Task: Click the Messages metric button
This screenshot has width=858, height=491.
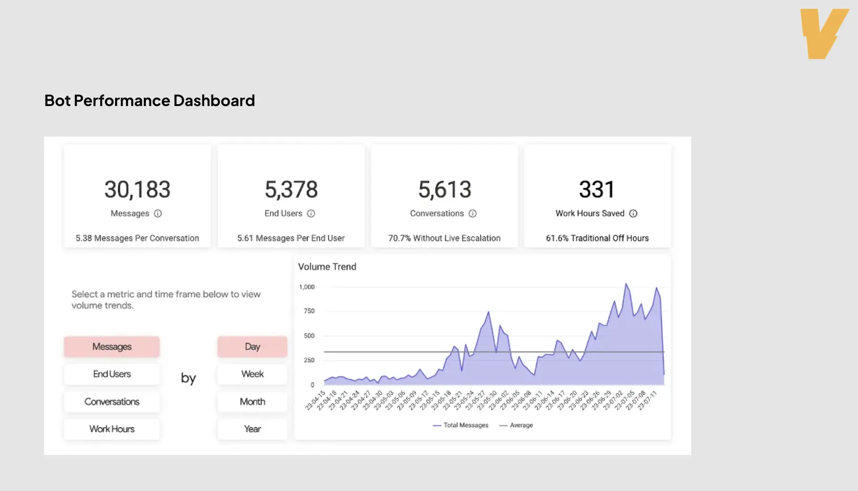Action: click(x=112, y=347)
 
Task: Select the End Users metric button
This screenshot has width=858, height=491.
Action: click(x=112, y=374)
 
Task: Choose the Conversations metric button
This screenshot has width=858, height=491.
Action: click(x=112, y=402)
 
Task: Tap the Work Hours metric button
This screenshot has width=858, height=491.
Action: click(x=112, y=429)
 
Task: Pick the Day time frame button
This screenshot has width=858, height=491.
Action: click(x=252, y=347)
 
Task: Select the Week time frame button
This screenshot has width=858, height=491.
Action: click(x=252, y=374)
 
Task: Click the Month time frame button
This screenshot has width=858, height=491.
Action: click(x=252, y=402)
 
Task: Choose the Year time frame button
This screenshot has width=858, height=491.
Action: click(x=252, y=429)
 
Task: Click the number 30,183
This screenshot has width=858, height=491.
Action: click(x=137, y=190)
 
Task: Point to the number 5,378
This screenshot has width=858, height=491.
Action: click(x=291, y=190)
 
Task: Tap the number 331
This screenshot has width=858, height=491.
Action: click(x=596, y=190)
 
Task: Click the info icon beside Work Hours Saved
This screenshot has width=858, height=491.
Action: click(x=633, y=213)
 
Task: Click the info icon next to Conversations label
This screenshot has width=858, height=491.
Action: click(x=472, y=213)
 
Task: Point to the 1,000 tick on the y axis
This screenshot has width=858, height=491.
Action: click(x=307, y=287)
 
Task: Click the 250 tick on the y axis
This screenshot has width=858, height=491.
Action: click(x=309, y=360)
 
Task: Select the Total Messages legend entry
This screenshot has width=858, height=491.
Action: click(x=461, y=425)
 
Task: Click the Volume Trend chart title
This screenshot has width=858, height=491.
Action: click(x=327, y=267)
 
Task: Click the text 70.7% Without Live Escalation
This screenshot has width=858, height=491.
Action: click(x=444, y=238)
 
